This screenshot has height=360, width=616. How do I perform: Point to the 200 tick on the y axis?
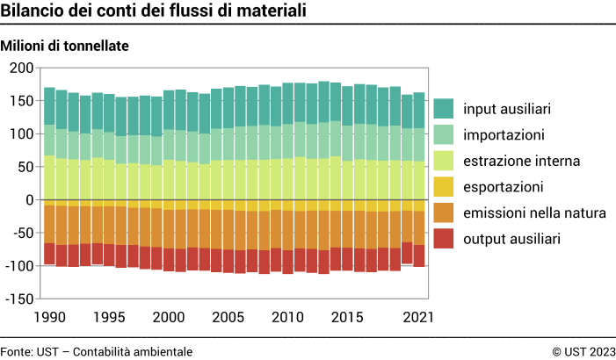click(x=21, y=68)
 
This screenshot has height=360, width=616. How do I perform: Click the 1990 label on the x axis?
click(x=50, y=317)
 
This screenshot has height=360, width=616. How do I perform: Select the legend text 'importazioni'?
click(x=504, y=135)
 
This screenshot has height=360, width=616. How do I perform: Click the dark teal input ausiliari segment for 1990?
click(x=50, y=106)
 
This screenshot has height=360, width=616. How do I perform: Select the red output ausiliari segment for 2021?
click(x=419, y=255)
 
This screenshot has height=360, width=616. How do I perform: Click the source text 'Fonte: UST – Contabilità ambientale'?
click(x=97, y=351)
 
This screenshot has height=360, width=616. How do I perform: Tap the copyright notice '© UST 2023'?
click(x=583, y=351)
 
